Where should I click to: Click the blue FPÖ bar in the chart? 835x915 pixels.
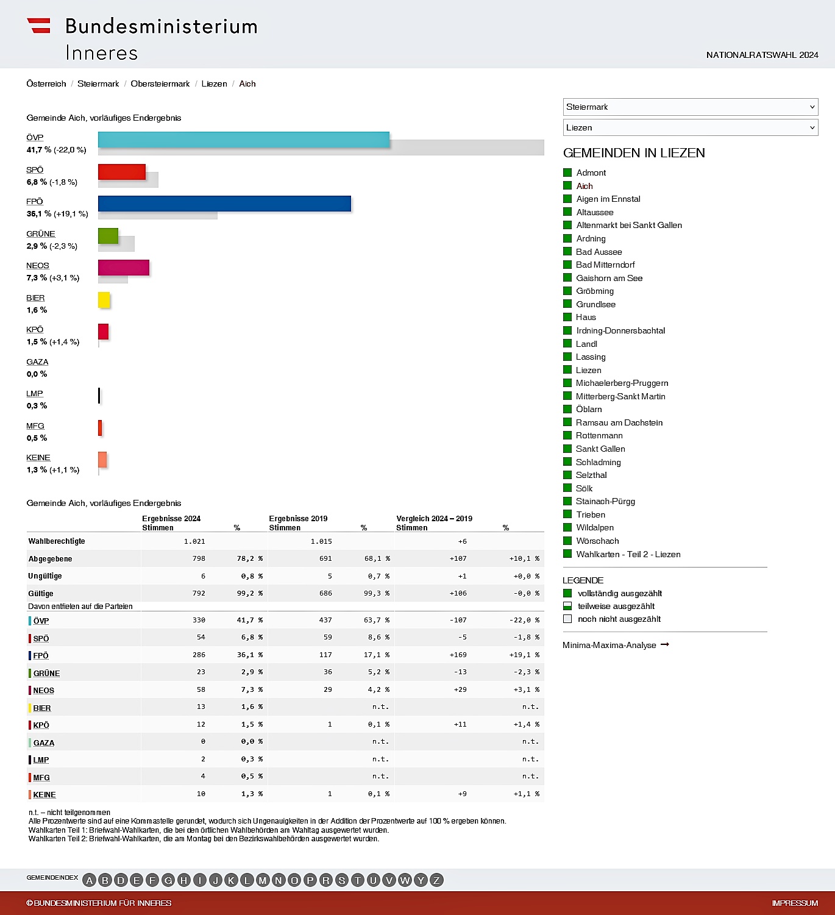click(x=224, y=204)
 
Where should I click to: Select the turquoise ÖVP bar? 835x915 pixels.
click(x=244, y=140)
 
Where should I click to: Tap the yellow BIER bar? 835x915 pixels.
click(x=104, y=300)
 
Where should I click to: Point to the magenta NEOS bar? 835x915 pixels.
click(x=124, y=268)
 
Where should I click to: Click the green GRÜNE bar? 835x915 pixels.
click(x=108, y=236)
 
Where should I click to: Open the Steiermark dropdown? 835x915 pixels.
click(x=690, y=107)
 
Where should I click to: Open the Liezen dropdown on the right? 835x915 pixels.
click(x=690, y=127)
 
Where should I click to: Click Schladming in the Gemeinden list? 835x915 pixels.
click(x=598, y=462)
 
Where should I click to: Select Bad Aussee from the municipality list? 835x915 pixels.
click(x=599, y=252)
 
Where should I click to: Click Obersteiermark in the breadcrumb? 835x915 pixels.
click(x=160, y=84)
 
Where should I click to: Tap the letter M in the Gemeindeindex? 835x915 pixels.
click(x=263, y=880)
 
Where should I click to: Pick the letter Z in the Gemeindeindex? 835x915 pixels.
click(x=436, y=880)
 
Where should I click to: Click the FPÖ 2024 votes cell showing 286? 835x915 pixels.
click(x=199, y=655)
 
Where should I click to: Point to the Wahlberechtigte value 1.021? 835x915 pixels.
click(x=194, y=541)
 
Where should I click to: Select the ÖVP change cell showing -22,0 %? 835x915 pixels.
click(x=524, y=620)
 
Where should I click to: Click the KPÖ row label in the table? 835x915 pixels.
click(x=41, y=725)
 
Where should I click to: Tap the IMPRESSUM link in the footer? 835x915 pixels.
click(x=794, y=903)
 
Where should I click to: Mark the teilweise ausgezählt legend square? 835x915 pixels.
click(x=567, y=606)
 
